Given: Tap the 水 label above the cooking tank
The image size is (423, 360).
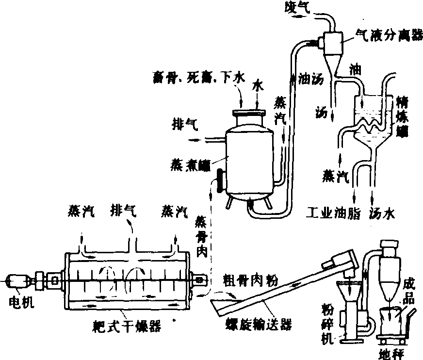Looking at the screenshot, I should coord(258,85).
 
